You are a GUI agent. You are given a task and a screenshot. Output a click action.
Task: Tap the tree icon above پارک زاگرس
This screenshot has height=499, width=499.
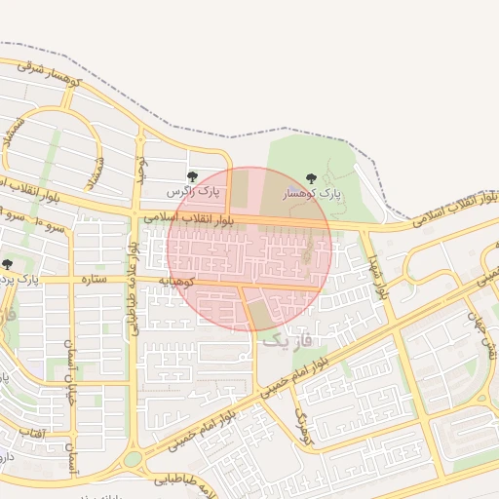(x=191, y=177)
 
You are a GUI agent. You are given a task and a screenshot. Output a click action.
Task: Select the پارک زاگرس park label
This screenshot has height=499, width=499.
(x=191, y=193)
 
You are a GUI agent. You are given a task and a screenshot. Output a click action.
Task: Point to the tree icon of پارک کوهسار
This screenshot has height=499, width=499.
(x=311, y=178)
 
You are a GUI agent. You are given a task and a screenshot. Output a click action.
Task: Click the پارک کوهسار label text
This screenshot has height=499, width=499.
(x=312, y=194)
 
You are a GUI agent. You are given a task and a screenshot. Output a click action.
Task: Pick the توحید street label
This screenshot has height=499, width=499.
(x=140, y=172)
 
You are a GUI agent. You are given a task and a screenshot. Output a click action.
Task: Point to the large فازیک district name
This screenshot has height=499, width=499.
(x=290, y=340)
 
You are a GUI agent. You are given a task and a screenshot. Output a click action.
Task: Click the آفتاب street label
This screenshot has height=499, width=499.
(x=31, y=431)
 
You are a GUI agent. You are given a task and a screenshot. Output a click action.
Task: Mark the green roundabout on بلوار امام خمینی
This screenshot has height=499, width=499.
(x=133, y=459)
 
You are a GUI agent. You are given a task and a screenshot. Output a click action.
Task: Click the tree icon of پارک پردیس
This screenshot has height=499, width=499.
(x=8, y=264)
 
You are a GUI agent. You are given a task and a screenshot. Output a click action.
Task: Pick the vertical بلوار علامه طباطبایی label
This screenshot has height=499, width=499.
(x=132, y=291)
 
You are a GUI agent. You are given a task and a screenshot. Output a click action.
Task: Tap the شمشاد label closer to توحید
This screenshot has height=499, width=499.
(x=96, y=173)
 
